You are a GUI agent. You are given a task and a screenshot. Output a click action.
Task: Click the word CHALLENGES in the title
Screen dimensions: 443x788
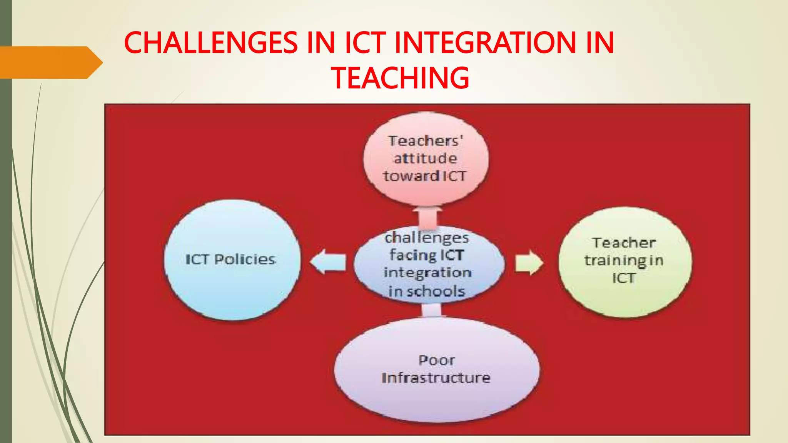point(210,43)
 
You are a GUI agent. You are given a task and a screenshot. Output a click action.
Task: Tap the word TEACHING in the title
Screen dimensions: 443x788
point(400,78)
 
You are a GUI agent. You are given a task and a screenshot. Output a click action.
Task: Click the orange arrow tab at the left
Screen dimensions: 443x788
point(50,63)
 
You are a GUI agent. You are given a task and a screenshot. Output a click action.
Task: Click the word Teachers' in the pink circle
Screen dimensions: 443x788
point(426,141)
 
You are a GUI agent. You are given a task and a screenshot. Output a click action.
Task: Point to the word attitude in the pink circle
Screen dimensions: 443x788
point(426,158)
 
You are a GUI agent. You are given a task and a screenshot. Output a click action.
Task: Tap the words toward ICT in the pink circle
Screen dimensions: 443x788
point(425,176)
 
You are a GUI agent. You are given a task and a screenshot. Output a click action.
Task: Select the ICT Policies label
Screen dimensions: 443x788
point(230,259)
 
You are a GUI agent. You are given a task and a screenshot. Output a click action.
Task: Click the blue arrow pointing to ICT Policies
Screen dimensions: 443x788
point(328,262)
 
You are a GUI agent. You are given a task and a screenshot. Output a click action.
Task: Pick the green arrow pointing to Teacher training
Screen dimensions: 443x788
point(529,263)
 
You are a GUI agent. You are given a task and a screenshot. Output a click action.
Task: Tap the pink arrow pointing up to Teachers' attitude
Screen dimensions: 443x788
point(427,217)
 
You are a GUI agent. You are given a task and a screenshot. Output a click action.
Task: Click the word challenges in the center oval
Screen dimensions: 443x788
point(427,238)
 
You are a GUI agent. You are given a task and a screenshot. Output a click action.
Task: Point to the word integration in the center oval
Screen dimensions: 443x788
point(427,273)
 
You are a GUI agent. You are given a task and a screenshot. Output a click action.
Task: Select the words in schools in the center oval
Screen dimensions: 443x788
point(427,291)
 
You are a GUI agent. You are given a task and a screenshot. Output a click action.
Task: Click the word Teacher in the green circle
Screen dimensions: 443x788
point(624,243)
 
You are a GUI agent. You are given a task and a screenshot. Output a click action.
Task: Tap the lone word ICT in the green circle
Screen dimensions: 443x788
point(623,278)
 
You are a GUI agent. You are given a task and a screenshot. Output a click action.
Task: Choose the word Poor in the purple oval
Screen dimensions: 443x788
point(437,360)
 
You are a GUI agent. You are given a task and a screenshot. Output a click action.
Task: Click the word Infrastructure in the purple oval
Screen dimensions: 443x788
point(436,378)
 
